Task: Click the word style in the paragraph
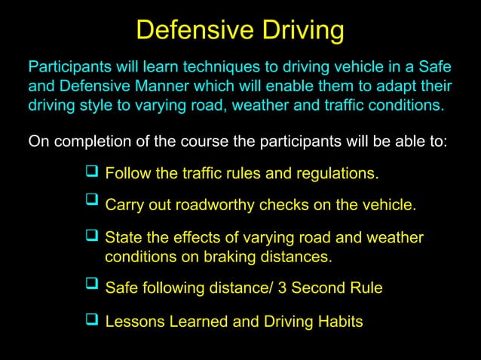[93, 104]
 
